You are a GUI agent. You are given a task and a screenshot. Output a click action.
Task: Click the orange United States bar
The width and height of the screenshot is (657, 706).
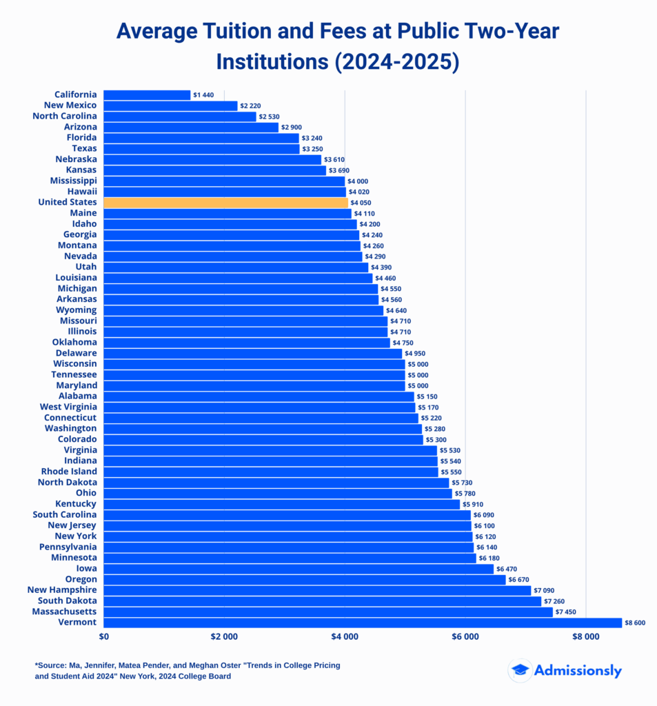click(x=225, y=203)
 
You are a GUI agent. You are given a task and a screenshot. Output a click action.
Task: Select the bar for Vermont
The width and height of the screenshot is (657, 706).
click(x=363, y=623)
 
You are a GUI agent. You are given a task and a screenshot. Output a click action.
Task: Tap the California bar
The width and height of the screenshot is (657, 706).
click(x=147, y=95)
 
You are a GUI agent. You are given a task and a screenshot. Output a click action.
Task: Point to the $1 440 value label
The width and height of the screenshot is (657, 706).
click(x=205, y=95)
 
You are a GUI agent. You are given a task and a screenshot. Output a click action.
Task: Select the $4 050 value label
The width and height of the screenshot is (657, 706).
click(x=362, y=203)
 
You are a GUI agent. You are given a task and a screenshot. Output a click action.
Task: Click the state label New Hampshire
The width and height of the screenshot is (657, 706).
click(x=62, y=590)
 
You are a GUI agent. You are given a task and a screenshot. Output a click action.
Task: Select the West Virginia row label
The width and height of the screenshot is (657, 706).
click(x=68, y=407)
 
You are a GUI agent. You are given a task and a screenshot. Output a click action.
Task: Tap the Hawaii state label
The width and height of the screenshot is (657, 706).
click(x=82, y=192)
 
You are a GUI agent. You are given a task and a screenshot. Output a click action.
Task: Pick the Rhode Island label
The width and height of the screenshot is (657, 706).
click(x=69, y=472)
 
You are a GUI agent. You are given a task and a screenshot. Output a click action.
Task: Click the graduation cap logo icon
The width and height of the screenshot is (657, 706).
click(x=520, y=671)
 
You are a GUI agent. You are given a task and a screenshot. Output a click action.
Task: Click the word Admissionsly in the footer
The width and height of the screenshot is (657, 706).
click(x=578, y=671)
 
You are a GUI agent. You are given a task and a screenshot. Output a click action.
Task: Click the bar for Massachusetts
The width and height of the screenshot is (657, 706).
click(x=328, y=612)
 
